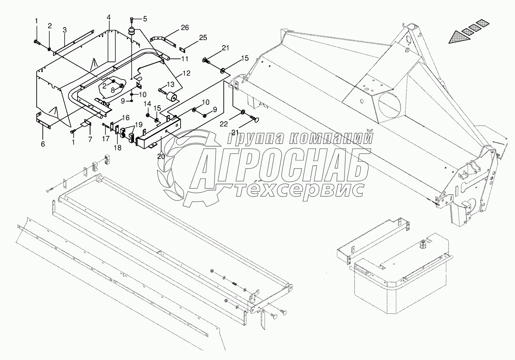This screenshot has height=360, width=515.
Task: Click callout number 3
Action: point(65,30)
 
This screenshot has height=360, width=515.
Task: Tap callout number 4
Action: point(109,18)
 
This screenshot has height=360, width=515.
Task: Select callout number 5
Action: point(145,18)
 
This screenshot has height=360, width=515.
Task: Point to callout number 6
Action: point(43,144)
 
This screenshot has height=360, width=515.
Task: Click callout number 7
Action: point(90,140)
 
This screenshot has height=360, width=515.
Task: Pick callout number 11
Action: point(184,59)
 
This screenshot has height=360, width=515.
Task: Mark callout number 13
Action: point(170,84)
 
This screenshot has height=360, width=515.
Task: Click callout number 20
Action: point(161,156)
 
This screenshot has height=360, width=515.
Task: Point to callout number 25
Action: point(203,37)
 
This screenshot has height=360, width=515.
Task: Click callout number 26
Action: point(185,27)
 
